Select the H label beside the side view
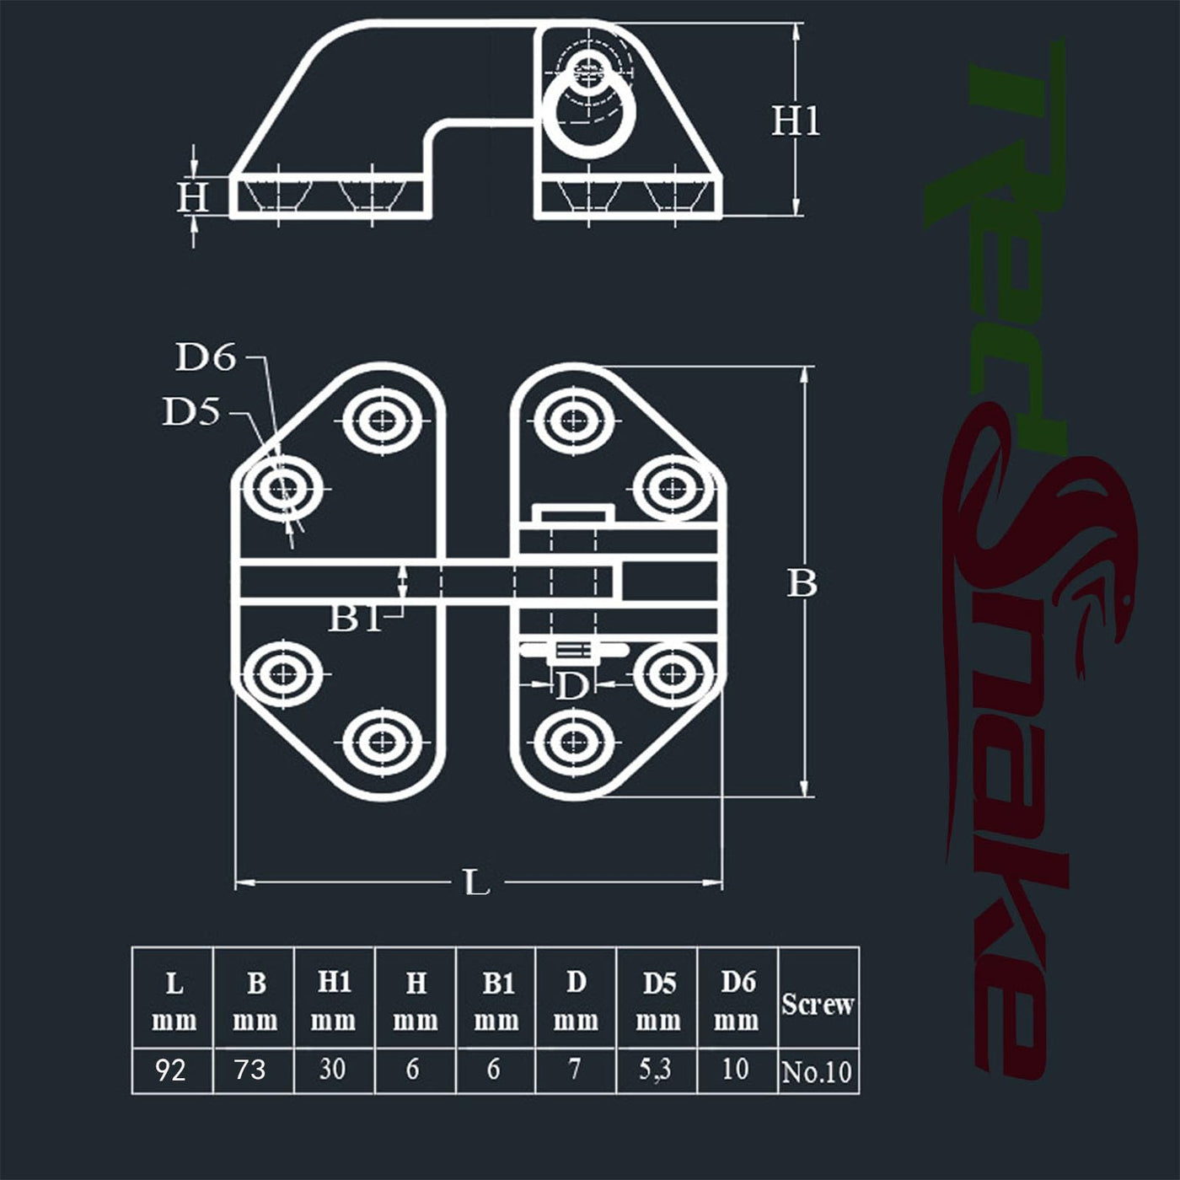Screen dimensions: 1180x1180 click(x=193, y=198)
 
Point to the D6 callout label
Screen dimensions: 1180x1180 click(x=206, y=357)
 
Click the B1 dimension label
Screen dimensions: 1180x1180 click(x=356, y=619)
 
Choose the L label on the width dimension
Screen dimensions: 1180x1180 click(x=477, y=882)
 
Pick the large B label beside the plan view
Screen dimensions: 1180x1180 click(x=802, y=582)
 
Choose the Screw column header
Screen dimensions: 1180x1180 click(x=817, y=1004)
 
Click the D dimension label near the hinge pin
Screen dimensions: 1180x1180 click(x=571, y=686)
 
